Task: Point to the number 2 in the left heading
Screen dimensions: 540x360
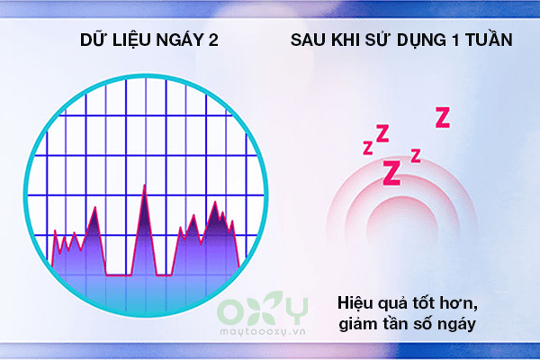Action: [213, 40]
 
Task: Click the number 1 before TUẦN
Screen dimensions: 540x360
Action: [456, 40]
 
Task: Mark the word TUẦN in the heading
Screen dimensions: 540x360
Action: [489, 39]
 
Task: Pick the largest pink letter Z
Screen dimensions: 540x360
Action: [392, 173]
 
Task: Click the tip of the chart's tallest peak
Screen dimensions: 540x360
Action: [144, 185]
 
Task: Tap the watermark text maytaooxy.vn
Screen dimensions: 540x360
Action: [263, 331]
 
